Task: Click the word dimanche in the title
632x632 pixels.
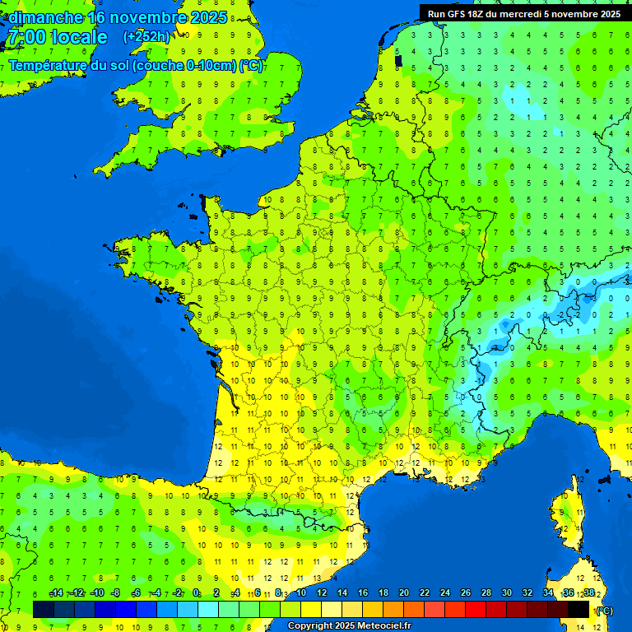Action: pyautogui.click(x=45, y=17)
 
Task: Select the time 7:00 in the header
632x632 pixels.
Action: pyautogui.click(x=25, y=37)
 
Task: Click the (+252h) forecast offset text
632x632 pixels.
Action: pyautogui.click(x=146, y=37)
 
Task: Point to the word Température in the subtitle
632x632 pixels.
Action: pyautogui.click(x=49, y=66)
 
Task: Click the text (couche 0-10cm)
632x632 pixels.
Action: pyautogui.click(x=184, y=66)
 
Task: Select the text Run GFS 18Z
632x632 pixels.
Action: pyautogui.click(x=458, y=14)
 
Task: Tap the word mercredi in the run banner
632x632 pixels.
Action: pyautogui.click(x=524, y=14)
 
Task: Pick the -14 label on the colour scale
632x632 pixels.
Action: pyautogui.click(x=57, y=593)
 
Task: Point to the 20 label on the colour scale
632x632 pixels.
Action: pyautogui.click(x=404, y=593)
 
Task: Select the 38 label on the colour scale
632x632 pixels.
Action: pyautogui.click(x=589, y=593)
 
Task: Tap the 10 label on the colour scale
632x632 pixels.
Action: pyautogui.click(x=300, y=593)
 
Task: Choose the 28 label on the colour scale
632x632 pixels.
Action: pyautogui.click(x=486, y=593)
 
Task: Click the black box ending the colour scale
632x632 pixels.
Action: pyautogui.click(x=579, y=609)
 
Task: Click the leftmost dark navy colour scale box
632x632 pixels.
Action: pyautogui.click(x=44, y=609)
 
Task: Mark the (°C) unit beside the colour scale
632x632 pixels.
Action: pyautogui.click(x=604, y=610)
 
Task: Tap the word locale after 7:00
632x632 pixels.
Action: pyautogui.click(x=78, y=37)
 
